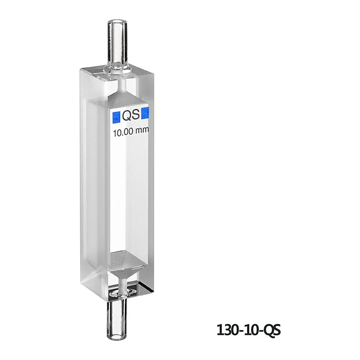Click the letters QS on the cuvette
pyautogui.click(x=131, y=115)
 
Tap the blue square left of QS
pyautogui.click(x=116, y=117)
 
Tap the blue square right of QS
pyautogui.click(x=145, y=113)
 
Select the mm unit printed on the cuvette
pyautogui.click(x=142, y=130)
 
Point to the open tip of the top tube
pyautogui.click(x=117, y=22)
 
